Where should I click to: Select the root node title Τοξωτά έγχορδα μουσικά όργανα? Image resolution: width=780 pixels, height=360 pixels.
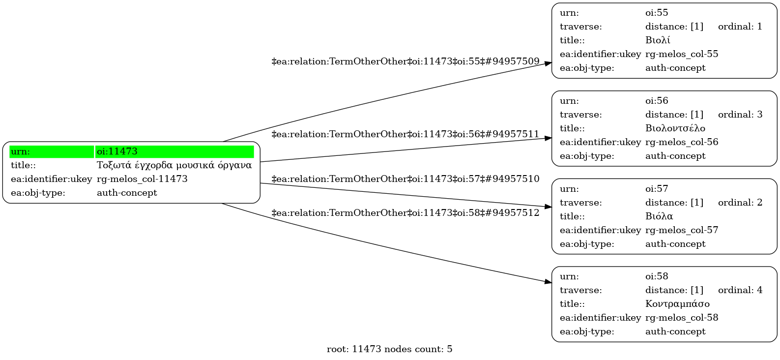pyautogui.click(x=174, y=165)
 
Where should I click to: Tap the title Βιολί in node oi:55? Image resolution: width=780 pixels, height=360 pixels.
pyautogui.click(x=658, y=40)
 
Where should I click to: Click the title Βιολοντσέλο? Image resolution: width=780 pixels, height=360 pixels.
pyautogui.click(x=675, y=128)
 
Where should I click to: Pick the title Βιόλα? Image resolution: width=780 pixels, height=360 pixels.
pyautogui.click(x=659, y=216)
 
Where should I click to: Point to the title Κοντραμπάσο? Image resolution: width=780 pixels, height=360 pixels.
pyautogui.click(x=677, y=304)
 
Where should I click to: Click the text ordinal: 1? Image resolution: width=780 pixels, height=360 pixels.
pyautogui.click(x=740, y=27)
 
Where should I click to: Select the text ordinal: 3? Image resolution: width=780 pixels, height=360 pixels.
pyautogui.click(x=740, y=115)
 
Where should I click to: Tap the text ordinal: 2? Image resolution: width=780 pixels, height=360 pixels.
pyautogui.click(x=740, y=203)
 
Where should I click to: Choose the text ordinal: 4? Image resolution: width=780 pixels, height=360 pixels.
pyautogui.click(x=740, y=290)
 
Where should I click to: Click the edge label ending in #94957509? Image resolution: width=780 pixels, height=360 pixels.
pyautogui.click(x=405, y=61)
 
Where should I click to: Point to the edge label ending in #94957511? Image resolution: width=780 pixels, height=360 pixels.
pyautogui.click(x=405, y=134)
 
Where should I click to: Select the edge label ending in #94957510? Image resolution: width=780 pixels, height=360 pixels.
pyautogui.click(x=405, y=179)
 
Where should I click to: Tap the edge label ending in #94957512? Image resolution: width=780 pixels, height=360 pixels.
pyautogui.click(x=405, y=213)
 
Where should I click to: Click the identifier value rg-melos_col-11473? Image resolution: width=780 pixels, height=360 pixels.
pyautogui.click(x=142, y=179)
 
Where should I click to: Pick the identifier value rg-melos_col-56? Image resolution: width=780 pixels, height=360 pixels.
pyautogui.click(x=682, y=142)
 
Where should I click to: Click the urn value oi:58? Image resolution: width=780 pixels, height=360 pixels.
pyautogui.click(x=657, y=276)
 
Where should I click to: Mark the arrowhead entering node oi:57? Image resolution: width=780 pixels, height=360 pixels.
pyautogui.click(x=549, y=207)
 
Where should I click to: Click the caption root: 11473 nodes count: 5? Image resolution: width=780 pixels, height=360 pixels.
pyautogui.click(x=390, y=349)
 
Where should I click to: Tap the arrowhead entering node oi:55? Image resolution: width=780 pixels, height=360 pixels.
pyautogui.click(x=549, y=63)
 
